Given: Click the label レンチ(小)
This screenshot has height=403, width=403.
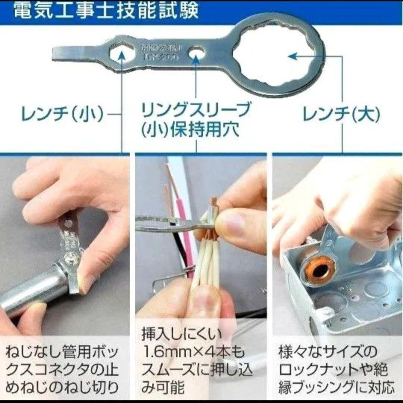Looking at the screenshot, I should pos(62,115).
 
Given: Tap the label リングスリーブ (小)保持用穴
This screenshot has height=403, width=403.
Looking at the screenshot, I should pos(196,119).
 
